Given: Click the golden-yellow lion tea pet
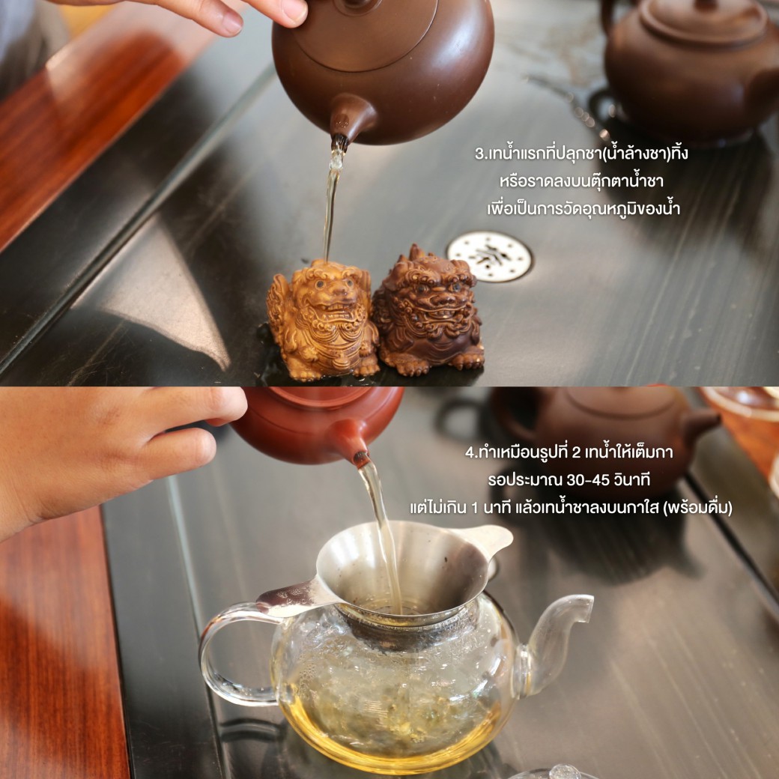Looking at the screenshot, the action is click(322, 321).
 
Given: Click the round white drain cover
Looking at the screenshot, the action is click(489, 256).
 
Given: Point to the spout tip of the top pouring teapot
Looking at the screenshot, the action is click(340, 142).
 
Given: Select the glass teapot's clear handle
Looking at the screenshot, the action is click(223, 656).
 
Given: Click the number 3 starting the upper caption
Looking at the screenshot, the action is click(479, 154).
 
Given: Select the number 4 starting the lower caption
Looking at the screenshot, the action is click(470, 452).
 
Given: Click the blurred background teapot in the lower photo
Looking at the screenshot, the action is click(604, 437).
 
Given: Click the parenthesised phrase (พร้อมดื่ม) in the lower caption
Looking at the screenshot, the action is click(697, 509).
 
